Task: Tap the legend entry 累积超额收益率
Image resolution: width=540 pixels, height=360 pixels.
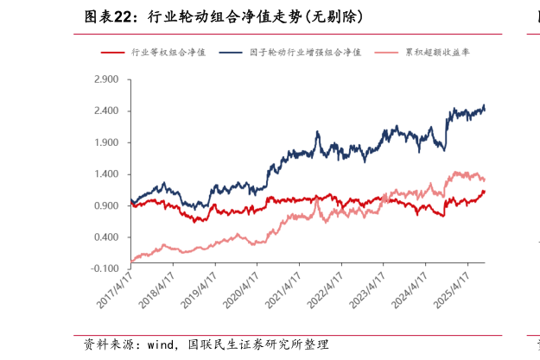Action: pos(433,53)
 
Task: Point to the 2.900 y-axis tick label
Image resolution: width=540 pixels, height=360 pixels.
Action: pos(107,79)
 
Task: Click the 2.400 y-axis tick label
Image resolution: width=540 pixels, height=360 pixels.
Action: pos(107,111)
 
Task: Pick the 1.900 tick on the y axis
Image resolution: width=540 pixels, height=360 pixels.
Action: pos(107,142)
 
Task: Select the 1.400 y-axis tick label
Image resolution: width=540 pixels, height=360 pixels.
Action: pos(107,174)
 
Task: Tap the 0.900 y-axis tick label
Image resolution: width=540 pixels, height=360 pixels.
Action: pos(107,205)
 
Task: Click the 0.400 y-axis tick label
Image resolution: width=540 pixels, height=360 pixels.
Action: pos(107,237)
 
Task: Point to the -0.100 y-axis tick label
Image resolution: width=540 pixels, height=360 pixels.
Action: pos(106,268)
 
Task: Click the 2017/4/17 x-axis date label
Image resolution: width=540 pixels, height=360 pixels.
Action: pos(116,290)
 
